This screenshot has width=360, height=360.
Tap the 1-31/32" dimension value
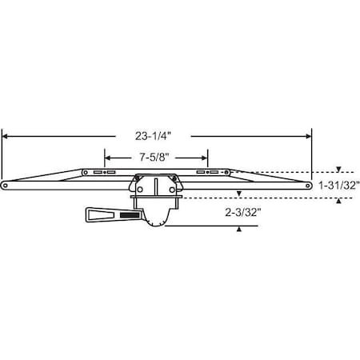coord(338,186)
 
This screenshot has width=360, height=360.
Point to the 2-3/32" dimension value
coord(237,213)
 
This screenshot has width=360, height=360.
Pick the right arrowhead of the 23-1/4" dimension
coord(310,136)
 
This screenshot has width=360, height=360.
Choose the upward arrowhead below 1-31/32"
coord(339,201)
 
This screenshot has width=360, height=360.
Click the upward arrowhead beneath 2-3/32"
coord(238,230)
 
